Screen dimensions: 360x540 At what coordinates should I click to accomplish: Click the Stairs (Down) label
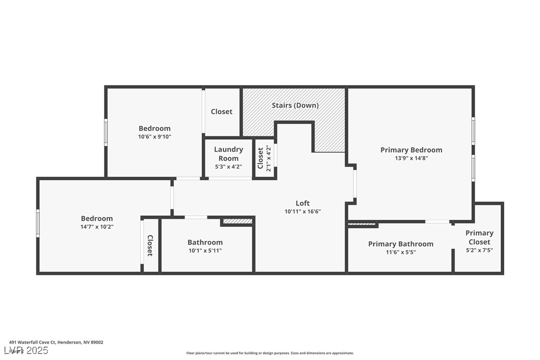coord(295,105)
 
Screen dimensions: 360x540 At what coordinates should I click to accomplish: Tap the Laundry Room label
coord(228,154)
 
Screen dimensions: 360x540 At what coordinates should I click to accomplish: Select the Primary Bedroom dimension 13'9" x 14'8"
coord(411,159)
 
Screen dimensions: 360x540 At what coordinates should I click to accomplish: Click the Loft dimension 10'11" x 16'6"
coord(302,211)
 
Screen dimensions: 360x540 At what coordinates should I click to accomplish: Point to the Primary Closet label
coord(479,237)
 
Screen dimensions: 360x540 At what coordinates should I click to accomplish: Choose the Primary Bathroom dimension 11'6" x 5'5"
coord(400,252)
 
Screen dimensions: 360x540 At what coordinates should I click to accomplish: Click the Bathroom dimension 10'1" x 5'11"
coord(205,251)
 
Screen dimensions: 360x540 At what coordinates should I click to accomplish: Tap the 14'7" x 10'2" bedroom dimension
coord(97,227)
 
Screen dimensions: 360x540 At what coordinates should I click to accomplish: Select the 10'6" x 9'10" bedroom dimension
coord(154,137)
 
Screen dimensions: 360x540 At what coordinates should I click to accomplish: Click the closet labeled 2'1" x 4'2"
coord(264,158)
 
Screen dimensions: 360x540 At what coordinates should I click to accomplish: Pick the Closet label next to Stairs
coord(221,112)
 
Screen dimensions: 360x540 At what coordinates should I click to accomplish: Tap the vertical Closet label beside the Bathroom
coord(150,245)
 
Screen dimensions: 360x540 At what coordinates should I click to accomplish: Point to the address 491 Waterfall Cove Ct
coord(56,342)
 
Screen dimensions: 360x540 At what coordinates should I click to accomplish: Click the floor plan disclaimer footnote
coord(270,353)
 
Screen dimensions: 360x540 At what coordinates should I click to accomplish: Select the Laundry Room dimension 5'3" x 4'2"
coord(228,167)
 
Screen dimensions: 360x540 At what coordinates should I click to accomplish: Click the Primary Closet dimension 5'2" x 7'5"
coord(479,251)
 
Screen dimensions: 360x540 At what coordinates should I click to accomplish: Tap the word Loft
coord(302,203)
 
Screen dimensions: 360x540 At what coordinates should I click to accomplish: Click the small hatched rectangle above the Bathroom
coord(237,221)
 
